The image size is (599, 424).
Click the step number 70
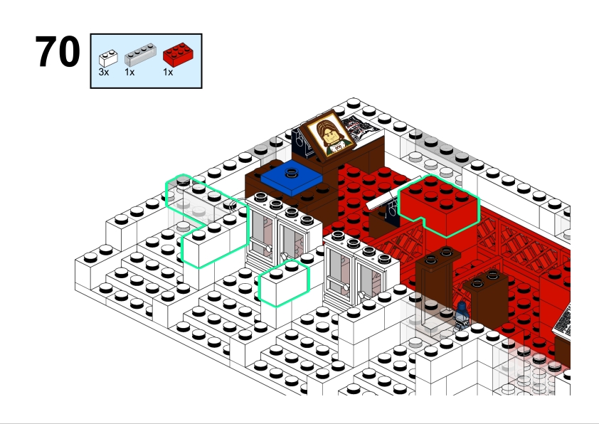58,51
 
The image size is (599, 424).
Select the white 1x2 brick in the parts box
108,58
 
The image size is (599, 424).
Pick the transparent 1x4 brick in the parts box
140,55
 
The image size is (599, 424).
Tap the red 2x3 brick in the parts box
178,55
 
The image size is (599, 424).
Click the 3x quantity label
104,72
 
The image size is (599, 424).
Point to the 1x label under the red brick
168,72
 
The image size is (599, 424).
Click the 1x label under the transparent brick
129,72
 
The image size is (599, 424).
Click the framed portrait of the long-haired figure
329,134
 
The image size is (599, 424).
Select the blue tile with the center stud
291,177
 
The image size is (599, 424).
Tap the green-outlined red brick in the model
440,206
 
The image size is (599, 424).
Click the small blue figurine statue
462,316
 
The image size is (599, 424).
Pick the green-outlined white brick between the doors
283,283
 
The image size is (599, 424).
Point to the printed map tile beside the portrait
361,127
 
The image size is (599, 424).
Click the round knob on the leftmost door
269,249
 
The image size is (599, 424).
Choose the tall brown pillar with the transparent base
438,282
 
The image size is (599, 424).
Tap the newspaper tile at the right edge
561,322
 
